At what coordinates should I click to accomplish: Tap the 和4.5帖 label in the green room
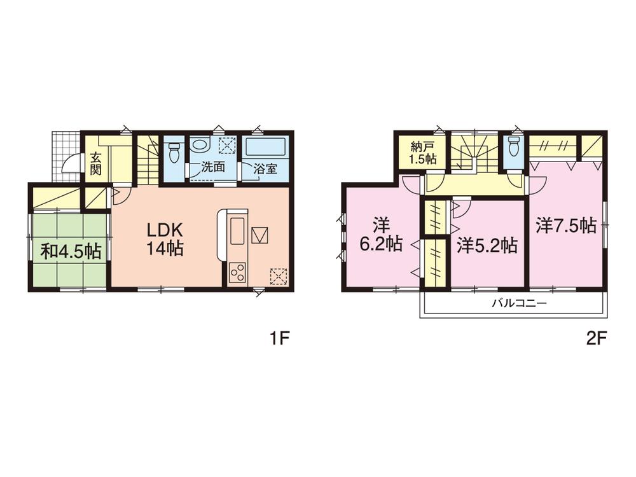coord(71,251)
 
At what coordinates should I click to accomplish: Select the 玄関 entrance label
coord(95,163)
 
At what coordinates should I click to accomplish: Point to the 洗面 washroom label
coord(213,167)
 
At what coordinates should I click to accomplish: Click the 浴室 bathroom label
coord(265,169)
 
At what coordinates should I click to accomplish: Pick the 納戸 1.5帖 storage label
coord(422,153)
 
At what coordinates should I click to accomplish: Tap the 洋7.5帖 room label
coord(566,226)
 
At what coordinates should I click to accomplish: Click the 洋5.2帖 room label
coord(487,245)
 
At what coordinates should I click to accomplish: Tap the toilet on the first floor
coord(175,152)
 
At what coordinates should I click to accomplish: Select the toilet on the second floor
coord(514,146)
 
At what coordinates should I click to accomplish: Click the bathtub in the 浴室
coord(266,147)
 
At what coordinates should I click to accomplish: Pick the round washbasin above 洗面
coord(199,145)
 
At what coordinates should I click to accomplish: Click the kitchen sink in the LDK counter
coord(237,231)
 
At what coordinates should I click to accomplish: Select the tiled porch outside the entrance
coord(66,157)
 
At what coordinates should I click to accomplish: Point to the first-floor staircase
coord(148,159)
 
